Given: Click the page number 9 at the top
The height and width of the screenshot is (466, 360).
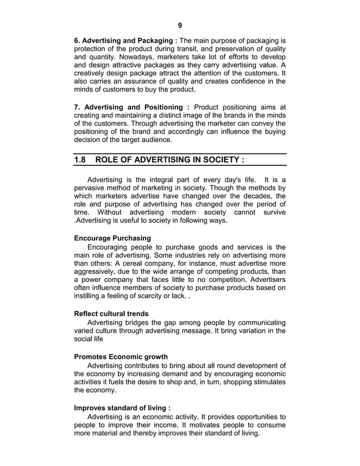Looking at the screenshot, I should point(179,25).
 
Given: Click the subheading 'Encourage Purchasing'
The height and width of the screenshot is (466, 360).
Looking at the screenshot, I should point(113,238).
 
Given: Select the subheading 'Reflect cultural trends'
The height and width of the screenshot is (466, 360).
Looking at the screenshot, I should point(111,313).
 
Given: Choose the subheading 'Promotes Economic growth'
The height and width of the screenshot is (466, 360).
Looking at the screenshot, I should point(121,357).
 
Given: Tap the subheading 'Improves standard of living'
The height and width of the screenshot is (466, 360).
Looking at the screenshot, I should point(121,408).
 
